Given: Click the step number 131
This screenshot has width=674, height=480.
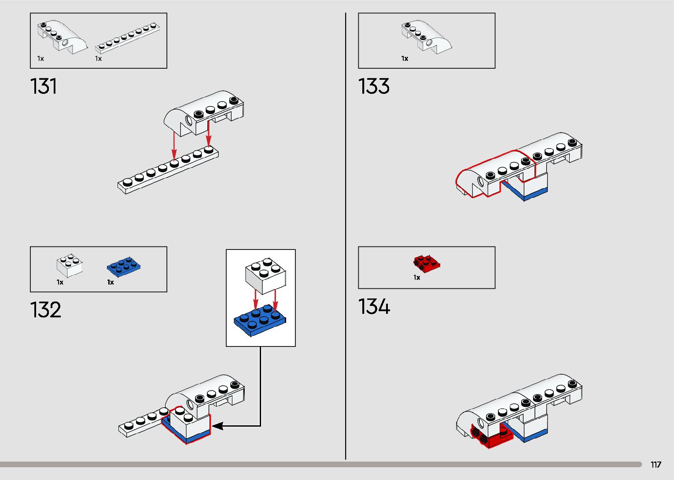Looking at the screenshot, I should [44, 86].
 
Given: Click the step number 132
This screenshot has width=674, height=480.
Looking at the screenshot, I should [45, 310].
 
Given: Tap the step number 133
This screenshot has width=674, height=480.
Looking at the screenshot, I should [374, 86].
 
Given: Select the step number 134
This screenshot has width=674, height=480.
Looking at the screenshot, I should [374, 306].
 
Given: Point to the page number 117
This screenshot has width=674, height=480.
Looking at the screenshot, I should [656, 465].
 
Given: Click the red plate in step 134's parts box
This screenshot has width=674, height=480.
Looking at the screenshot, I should [427, 263].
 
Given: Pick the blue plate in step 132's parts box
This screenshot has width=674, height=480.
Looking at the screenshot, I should [124, 266].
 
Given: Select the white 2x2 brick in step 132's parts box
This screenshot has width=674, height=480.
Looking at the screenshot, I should [70, 265].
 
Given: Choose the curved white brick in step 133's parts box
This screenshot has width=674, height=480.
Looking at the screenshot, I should [426, 36].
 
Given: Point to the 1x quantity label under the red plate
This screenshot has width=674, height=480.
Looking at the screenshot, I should [416, 278].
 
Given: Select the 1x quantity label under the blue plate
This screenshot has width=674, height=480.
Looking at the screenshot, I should [110, 282].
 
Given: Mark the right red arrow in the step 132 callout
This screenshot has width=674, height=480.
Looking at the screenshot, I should [276, 300].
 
